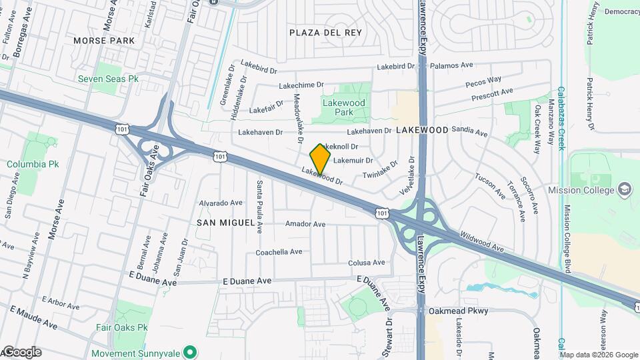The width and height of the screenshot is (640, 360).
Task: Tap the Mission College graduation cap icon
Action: (624, 189)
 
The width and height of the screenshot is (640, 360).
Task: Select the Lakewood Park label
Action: (344, 107)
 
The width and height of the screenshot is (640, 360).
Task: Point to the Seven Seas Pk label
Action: (108, 79)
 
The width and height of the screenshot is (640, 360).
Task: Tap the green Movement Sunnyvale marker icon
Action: (189, 351)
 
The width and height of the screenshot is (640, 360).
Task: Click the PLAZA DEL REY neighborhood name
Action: (325, 33)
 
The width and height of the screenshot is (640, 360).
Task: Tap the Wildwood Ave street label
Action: (481, 241)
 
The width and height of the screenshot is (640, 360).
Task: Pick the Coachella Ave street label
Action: (279, 252)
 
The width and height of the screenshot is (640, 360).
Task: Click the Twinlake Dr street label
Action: (380, 169)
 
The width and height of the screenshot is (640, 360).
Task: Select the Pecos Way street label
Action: (483, 81)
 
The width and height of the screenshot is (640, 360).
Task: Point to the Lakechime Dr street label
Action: (301, 85)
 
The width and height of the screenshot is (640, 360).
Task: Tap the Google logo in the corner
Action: (21, 352)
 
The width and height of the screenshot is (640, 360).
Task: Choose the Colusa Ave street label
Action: (367, 263)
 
